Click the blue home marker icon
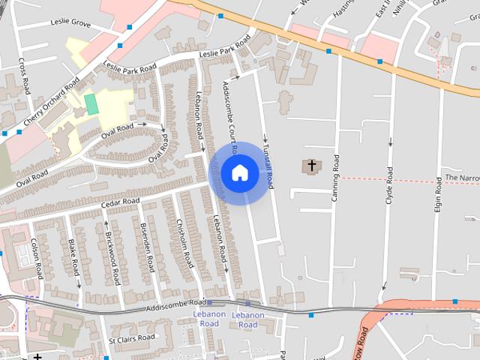239,172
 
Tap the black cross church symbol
311,165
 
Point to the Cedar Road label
120,202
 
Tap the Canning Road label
335,178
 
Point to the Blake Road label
73,256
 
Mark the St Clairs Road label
133,340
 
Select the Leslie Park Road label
223,48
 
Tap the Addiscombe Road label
177,306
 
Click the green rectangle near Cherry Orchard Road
91,104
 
